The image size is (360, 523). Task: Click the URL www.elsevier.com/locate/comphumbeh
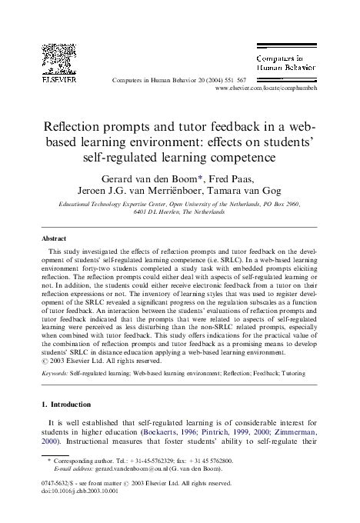[x=268, y=89]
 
